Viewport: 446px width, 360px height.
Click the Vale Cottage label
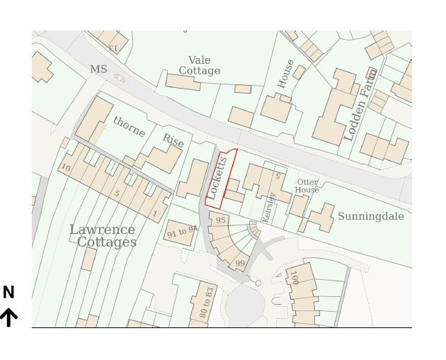click(x=199, y=65)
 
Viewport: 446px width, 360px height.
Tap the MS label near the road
click(x=98, y=69)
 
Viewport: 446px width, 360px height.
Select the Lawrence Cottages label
click(x=103, y=235)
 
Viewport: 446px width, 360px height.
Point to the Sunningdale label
click(x=370, y=216)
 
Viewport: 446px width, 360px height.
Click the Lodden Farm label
click(x=360, y=104)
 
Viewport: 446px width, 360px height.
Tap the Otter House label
click(x=307, y=186)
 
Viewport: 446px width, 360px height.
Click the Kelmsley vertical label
click(x=268, y=206)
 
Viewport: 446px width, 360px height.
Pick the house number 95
click(x=221, y=220)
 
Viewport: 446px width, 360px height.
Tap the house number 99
click(x=240, y=264)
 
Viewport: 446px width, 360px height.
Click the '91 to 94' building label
click(x=182, y=232)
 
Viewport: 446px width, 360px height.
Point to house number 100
click(x=294, y=276)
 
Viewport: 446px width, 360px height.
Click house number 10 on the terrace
click(x=66, y=168)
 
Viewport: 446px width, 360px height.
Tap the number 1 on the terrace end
click(x=155, y=213)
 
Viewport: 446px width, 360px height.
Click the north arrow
click(x=8, y=317)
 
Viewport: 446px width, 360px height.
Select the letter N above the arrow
click(x=8, y=292)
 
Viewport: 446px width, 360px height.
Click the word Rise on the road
click(x=173, y=140)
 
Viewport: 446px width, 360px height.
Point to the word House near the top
click(x=285, y=74)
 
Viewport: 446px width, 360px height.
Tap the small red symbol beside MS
click(x=119, y=79)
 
